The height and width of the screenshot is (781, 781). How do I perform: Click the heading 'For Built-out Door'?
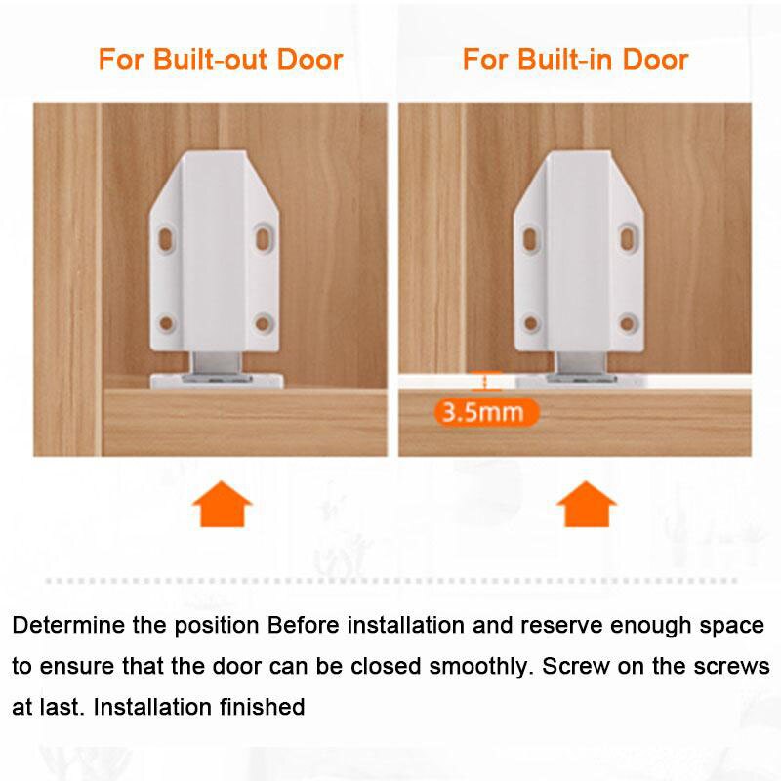click(221, 60)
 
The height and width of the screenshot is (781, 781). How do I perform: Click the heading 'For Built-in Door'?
click(575, 60)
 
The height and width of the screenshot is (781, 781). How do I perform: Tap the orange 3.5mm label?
click(484, 411)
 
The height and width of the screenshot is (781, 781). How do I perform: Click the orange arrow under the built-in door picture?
click(586, 505)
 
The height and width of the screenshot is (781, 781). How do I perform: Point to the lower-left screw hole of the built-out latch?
click(167, 322)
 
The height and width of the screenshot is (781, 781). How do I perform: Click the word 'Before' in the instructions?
click(308, 625)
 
